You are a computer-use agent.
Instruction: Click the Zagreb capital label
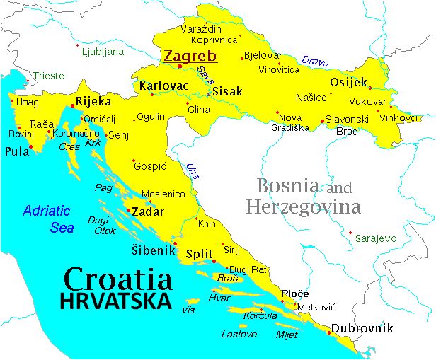tap(190, 55)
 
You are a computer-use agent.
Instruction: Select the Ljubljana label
tap(103, 52)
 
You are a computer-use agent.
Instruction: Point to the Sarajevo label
tap(377, 238)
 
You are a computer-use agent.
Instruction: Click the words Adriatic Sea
tap(47, 219)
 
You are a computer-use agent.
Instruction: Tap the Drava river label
tap(314, 61)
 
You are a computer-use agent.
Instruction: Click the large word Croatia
tap(117, 279)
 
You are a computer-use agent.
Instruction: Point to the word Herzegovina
tap(303, 208)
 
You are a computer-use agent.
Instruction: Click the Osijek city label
tap(348, 82)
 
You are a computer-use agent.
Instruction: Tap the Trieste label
tap(48, 76)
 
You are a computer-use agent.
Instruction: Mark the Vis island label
tap(188, 310)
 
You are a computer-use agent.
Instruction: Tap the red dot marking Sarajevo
tap(350, 232)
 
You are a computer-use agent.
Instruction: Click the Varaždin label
tap(202, 30)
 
